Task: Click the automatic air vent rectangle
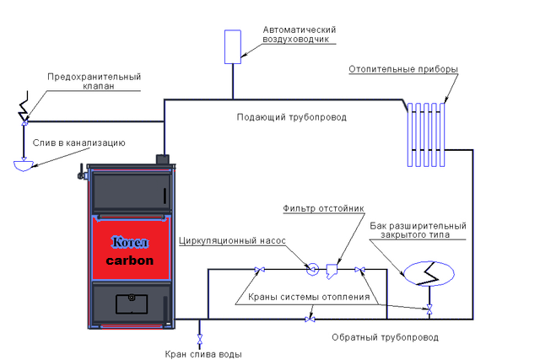233,47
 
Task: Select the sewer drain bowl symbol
24,165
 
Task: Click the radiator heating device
426,135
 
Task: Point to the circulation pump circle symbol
312,269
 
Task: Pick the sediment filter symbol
332,271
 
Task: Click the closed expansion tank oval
429,274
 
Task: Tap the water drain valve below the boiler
199,339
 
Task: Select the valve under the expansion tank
429,309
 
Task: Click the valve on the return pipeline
310,320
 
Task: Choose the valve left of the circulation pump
259,270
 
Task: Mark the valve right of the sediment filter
360,270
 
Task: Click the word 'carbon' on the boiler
130,261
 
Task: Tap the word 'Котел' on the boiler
130,242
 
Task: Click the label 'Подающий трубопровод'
291,117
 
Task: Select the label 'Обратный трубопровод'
385,337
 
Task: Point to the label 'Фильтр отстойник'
323,208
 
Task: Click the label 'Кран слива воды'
203,354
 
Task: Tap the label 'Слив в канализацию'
78,142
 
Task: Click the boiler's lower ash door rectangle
132,304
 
